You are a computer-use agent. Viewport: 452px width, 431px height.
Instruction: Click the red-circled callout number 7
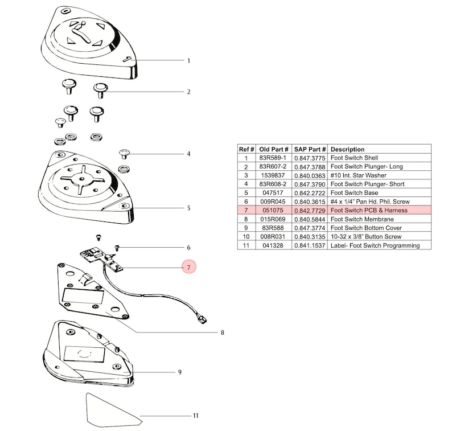point(189,267)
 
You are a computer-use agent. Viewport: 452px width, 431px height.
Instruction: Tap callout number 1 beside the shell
point(189,61)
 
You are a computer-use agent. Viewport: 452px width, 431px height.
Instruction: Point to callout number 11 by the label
point(196,416)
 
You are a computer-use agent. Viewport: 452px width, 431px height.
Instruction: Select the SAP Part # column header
point(310,149)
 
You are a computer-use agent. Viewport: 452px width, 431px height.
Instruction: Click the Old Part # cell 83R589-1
point(273,158)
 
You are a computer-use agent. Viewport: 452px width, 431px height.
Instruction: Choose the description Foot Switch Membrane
point(362,219)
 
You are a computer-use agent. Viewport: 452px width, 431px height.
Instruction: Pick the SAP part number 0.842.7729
point(310,211)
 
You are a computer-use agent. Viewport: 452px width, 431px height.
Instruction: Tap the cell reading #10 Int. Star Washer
point(358,175)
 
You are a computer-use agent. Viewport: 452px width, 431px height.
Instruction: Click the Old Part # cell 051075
point(273,210)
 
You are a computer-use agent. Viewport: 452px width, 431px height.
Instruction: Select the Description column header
point(347,149)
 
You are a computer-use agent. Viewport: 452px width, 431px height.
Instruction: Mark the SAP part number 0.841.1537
point(310,245)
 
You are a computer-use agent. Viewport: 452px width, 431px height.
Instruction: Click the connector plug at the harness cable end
point(202,320)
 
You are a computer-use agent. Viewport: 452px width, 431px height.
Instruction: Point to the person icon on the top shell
point(81,32)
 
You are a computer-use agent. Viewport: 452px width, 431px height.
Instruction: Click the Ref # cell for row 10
point(246,237)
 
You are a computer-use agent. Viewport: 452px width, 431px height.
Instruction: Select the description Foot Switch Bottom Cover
point(366,228)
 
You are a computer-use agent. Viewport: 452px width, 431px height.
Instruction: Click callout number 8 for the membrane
point(222,333)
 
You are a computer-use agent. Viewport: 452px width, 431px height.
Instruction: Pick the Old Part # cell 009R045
point(273,202)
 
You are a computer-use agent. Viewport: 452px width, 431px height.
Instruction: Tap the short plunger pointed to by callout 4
point(125,154)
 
